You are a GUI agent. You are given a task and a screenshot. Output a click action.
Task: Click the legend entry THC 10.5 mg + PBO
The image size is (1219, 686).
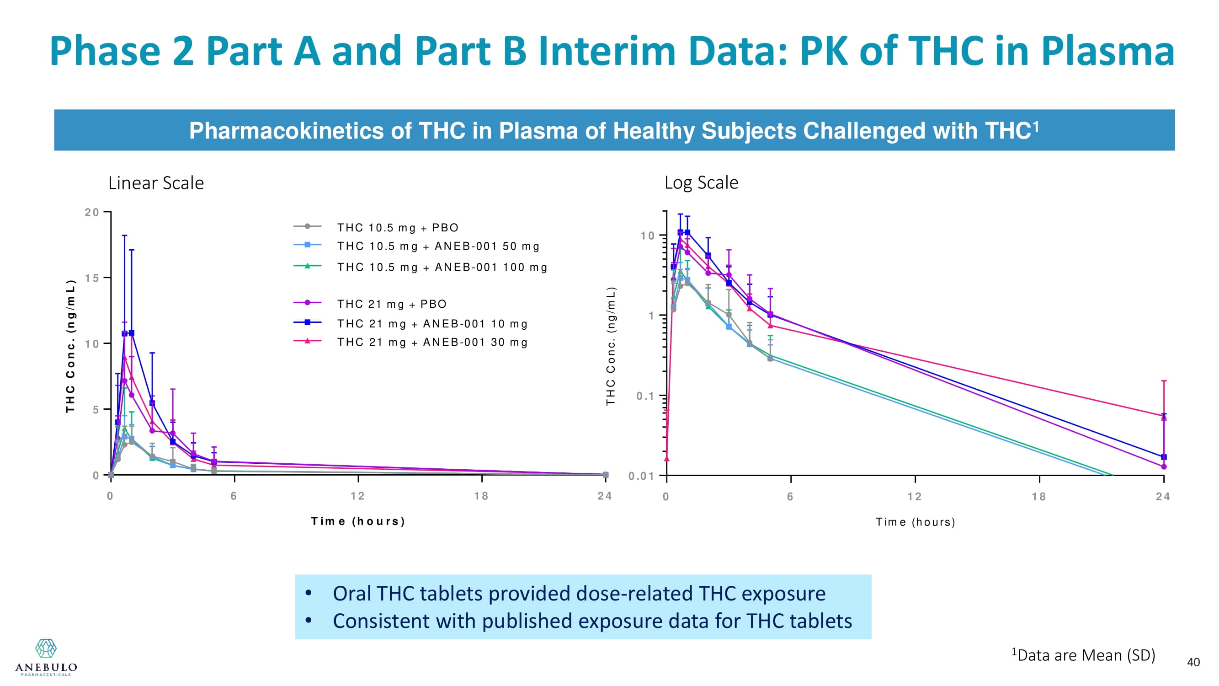pos(398,228)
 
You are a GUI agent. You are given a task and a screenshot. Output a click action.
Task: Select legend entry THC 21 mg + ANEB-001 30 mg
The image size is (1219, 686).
pos(432,342)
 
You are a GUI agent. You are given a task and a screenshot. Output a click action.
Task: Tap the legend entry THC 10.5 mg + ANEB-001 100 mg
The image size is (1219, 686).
pos(442,268)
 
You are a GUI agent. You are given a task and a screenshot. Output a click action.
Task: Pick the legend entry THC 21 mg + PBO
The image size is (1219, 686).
pos(391,304)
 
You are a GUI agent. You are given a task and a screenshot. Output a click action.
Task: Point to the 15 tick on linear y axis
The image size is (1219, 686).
pos(92,278)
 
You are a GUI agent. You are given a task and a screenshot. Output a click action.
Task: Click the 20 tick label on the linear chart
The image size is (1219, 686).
pos(92,212)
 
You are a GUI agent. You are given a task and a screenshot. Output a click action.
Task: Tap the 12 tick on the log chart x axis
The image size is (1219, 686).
pos(915,497)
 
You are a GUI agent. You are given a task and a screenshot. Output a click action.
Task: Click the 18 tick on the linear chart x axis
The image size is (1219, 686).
pos(481,496)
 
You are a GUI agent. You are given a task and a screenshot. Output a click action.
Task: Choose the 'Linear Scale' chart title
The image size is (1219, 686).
pos(156,183)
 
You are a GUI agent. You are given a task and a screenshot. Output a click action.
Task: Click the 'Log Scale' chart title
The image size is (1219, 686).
pos(701,183)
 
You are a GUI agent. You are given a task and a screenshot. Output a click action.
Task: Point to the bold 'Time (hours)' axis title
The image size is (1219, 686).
pos(358,521)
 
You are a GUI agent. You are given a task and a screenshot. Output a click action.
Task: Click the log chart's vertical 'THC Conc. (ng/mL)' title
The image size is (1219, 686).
pos(611,346)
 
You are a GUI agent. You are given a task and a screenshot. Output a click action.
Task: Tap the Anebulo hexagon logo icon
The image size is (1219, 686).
pos(46,648)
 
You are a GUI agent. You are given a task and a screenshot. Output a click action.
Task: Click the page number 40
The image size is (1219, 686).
pos(1193,662)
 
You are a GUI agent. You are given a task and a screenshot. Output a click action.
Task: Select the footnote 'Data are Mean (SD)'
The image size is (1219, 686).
pos(1086,655)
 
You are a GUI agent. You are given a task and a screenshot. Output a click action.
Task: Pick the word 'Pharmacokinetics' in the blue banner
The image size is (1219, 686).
pos(286,131)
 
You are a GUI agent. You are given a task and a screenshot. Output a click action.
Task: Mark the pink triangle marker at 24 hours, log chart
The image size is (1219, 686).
pos(1164,417)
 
